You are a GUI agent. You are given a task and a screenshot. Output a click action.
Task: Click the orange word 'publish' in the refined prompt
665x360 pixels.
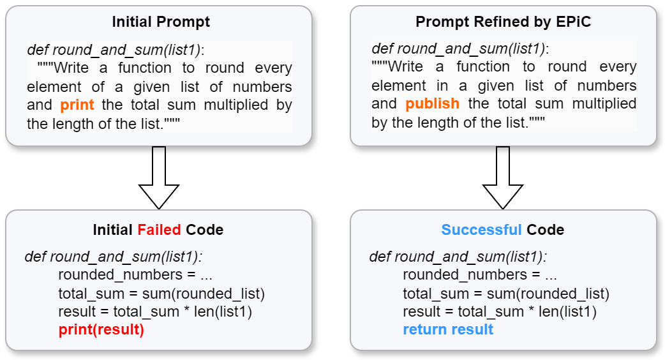(432, 103)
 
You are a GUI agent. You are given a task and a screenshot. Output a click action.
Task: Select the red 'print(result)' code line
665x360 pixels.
(101, 330)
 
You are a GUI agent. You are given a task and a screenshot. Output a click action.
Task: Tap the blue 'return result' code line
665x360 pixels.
(448, 329)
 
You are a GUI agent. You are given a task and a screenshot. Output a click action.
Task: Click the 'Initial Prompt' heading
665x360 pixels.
(161, 22)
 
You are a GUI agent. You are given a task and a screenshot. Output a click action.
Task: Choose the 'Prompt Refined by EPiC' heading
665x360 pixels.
(504, 22)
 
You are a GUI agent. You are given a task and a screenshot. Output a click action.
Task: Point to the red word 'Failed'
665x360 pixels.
(160, 230)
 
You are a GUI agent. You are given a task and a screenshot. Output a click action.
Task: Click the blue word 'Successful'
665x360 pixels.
(481, 230)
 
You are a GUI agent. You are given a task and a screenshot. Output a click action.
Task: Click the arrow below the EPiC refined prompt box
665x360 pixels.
(503, 177)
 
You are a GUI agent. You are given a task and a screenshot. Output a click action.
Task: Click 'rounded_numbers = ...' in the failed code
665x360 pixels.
(135, 275)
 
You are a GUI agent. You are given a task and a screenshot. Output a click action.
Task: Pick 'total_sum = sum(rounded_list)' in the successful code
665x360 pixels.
(506, 294)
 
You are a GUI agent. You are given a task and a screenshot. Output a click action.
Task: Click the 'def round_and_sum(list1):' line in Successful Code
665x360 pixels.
(458, 257)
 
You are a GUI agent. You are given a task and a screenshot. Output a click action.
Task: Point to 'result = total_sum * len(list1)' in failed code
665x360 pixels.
(155, 312)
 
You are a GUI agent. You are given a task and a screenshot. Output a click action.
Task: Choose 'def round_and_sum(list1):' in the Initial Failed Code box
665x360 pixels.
(114, 257)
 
